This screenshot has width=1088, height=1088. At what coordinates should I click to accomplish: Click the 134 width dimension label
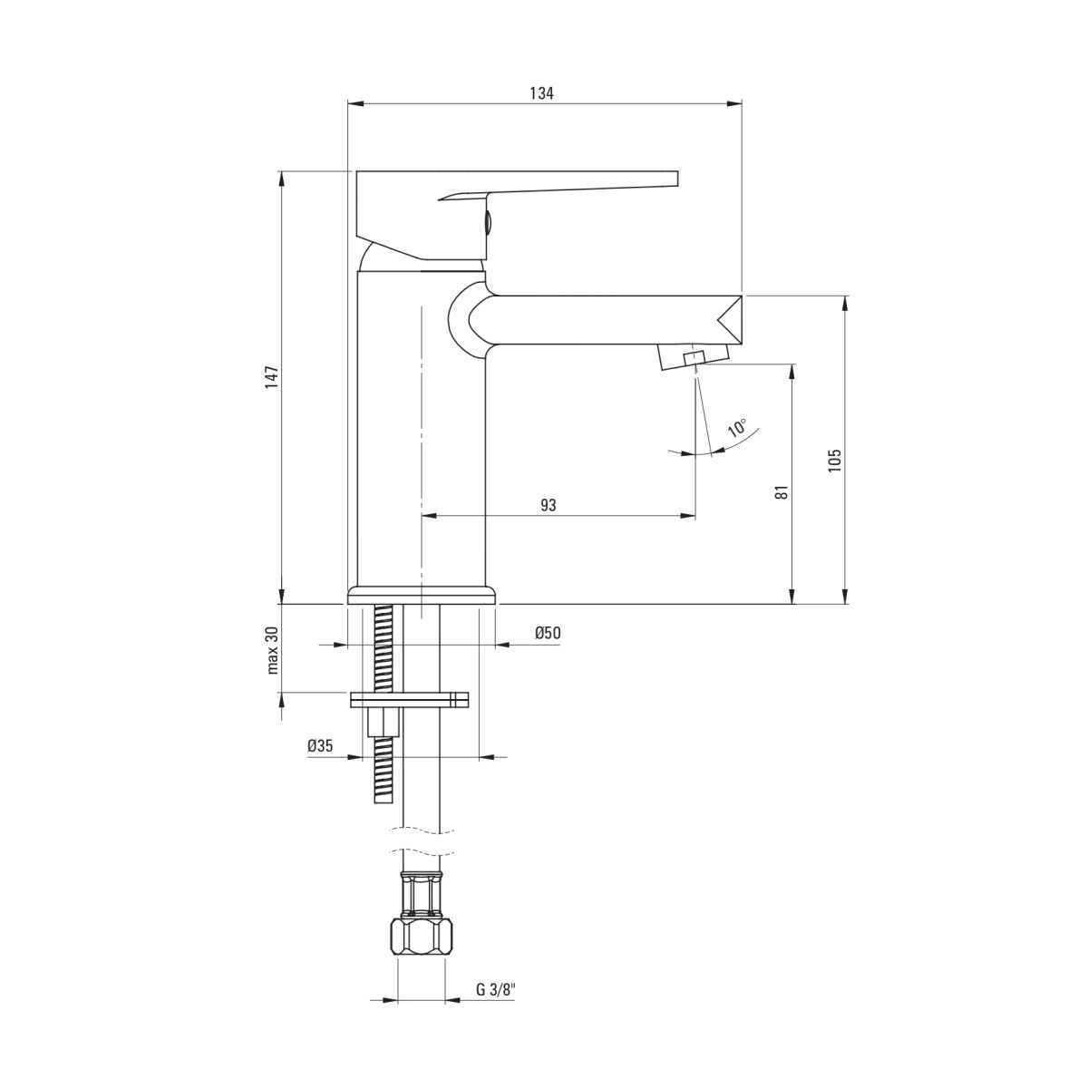point(541,93)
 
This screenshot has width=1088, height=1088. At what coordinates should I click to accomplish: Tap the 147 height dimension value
point(273,376)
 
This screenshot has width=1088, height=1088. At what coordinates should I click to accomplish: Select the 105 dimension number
point(834,461)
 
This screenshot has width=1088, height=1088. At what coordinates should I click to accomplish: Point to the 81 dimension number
point(782,491)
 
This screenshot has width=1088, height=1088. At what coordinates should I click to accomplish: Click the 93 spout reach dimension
point(549,505)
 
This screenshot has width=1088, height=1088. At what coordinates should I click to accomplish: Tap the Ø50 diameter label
point(548,633)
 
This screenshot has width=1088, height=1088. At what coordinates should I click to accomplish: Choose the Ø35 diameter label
point(320,746)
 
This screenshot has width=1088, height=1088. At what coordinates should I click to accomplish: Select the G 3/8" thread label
point(496,1005)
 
